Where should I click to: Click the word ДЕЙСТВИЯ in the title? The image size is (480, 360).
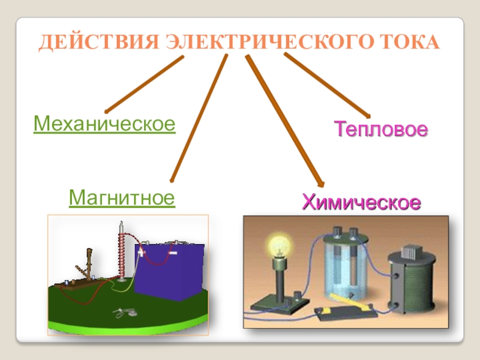98,43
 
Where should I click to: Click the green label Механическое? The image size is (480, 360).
104,124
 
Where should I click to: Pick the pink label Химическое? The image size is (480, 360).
361,201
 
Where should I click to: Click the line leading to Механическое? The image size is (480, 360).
144,85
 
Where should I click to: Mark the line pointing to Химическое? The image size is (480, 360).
284,120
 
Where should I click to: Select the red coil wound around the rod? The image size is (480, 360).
122,256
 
